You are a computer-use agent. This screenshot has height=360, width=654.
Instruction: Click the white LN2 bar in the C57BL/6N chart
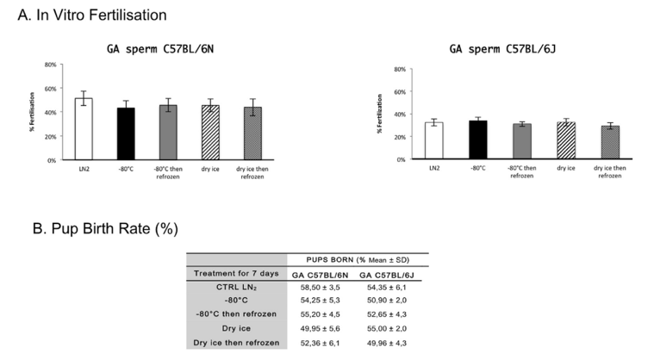(84, 129)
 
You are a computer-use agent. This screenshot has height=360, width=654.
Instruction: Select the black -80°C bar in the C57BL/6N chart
(126, 134)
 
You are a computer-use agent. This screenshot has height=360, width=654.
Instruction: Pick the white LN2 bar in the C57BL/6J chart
(434, 141)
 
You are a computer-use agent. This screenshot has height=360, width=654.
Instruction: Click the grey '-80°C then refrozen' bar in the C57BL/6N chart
(167, 133)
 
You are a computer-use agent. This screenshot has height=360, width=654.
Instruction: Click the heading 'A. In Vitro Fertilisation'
(91, 16)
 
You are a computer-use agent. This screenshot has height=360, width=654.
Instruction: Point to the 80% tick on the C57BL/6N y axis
(50, 65)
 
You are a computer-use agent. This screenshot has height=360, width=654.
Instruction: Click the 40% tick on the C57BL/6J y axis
(399, 115)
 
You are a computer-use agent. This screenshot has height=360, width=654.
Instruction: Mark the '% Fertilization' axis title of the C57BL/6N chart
(32, 112)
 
